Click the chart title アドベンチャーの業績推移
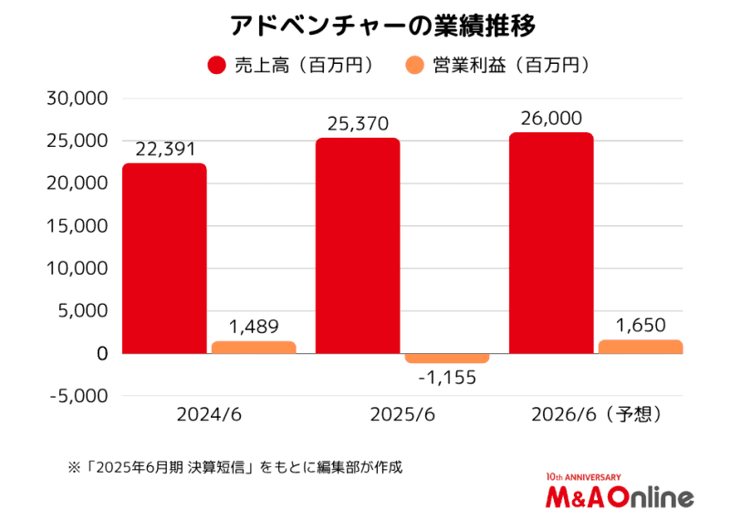[364, 25]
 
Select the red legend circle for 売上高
[217, 66]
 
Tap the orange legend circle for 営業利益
[414, 66]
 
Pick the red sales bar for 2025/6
[358, 245]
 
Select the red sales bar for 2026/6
[550, 243]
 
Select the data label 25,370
[358, 124]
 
